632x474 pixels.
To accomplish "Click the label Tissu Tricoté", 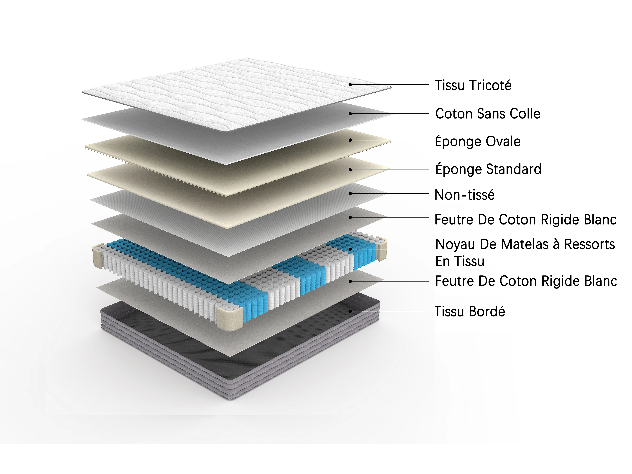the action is [x=473, y=85].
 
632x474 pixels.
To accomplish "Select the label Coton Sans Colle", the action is [x=488, y=113].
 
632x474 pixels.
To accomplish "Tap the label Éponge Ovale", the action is [x=477, y=141].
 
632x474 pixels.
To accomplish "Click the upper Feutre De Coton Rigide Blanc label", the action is [x=525, y=219].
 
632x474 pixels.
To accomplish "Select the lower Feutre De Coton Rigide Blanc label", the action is [x=526, y=281].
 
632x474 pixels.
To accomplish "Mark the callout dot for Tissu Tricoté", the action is [x=350, y=85].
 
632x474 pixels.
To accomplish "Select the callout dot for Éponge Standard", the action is [x=350, y=170].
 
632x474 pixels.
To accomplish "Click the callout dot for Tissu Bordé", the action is [x=350, y=311].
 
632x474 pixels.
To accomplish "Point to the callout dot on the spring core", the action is [x=350, y=249].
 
